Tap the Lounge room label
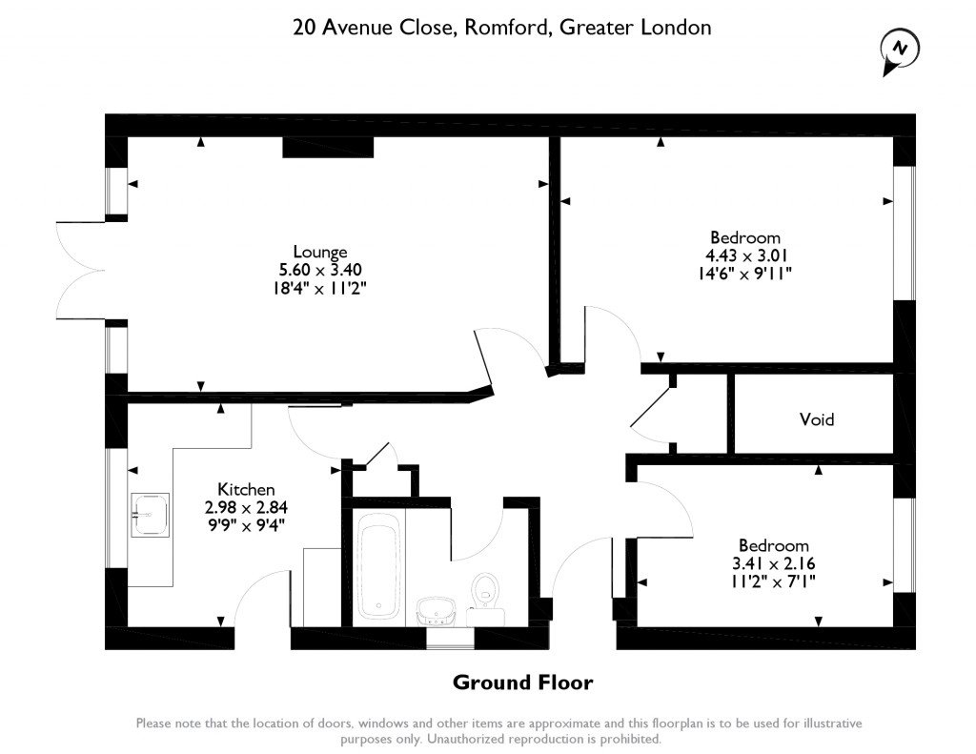(320, 252)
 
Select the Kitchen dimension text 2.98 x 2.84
(246, 507)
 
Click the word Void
(816, 419)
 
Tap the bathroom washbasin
(437, 611)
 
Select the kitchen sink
(150, 515)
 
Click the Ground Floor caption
(523, 683)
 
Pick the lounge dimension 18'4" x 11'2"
(319, 288)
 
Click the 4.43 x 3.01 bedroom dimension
(745, 255)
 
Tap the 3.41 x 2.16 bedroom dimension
(773, 563)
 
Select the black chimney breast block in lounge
(328, 147)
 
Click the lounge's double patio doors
(81, 271)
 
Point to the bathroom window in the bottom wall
(450, 639)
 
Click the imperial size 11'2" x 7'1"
(773, 581)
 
